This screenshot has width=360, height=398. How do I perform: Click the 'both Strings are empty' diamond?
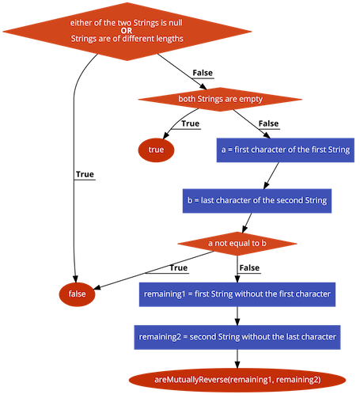(220, 99)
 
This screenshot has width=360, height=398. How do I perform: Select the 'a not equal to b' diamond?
(237, 244)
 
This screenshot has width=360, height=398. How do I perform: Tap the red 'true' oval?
(156, 150)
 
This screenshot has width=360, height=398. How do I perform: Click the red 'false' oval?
(77, 294)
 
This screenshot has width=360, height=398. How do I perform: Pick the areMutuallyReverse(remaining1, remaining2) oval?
(237, 380)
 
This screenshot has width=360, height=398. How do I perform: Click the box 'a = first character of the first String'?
(286, 150)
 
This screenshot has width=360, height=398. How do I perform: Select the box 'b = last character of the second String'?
(257, 201)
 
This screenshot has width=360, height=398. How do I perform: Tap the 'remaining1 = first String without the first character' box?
(237, 294)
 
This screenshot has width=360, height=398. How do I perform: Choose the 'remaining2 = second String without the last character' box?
(237, 337)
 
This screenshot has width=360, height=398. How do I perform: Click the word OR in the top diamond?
(127, 31)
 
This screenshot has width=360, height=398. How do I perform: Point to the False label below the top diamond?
(203, 73)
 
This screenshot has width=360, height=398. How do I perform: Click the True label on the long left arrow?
(85, 174)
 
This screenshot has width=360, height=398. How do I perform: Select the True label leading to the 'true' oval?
(191, 123)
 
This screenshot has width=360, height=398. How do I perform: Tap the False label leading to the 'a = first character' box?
(269, 123)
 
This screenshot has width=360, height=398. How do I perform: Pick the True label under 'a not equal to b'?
(179, 267)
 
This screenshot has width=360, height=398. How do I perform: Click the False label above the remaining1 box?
(249, 267)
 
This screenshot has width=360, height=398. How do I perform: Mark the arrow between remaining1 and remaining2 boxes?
(237, 316)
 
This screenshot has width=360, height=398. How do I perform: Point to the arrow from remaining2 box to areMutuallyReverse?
(237, 358)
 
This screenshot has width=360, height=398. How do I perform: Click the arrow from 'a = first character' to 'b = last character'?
(271, 176)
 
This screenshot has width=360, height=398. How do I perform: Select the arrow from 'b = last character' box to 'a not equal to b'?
(247, 223)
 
